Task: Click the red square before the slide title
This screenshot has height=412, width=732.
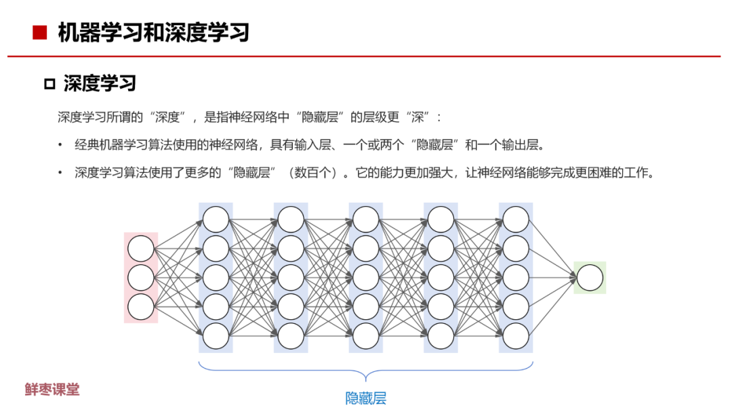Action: point(40,32)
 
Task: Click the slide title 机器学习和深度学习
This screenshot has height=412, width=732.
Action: point(153,32)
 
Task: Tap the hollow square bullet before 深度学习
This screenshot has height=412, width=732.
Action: point(49,84)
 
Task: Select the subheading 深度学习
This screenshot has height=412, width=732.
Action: point(100,83)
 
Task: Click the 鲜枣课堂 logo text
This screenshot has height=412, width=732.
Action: point(52,390)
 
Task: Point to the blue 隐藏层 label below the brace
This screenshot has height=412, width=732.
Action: point(366,398)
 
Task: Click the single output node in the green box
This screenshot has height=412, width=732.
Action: point(590,278)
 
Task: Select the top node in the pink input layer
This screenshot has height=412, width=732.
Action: point(141,249)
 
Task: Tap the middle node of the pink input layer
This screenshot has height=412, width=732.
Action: point(141,278)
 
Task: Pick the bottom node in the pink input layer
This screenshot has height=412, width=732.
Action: point(141,307)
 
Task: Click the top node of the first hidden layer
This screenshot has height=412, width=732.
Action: point(216,220)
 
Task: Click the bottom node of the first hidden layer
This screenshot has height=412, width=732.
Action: point(216,336)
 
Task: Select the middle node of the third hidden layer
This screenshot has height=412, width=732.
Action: point(366,278)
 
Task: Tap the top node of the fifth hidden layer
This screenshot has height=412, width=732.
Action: point(516,220)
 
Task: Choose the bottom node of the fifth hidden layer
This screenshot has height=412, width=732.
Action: point(516,336)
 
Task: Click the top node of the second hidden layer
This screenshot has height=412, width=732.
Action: point(291,220)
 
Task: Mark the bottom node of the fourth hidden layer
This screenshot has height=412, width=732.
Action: point(441,336)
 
